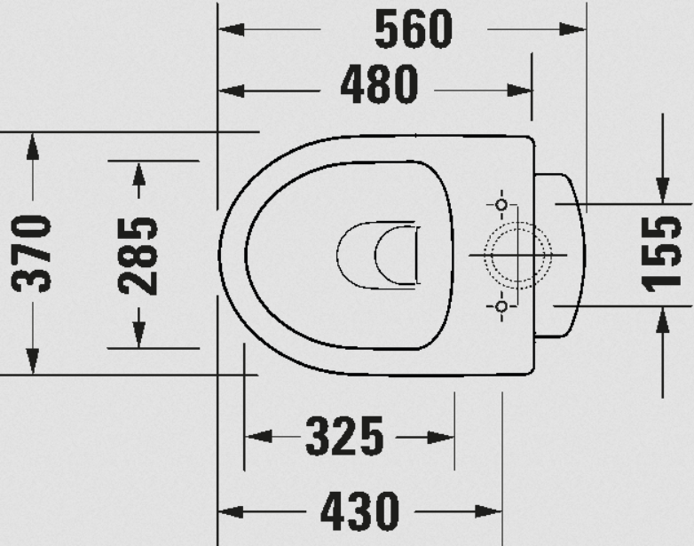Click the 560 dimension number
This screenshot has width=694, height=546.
tap(414, 29)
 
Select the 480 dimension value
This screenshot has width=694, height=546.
tap(379, 84)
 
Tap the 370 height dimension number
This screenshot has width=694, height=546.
tap(31, 253)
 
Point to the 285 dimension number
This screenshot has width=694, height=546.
tap(138, 256)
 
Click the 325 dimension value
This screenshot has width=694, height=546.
tap(344, 437)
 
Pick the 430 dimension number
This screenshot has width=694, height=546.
tap(359, 511)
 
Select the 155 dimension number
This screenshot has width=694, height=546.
tap(662, 254)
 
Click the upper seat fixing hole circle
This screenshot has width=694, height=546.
tap(501, 204)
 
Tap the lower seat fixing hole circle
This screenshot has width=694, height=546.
tap(501, 306)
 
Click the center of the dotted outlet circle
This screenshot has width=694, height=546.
tap(518, 255)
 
